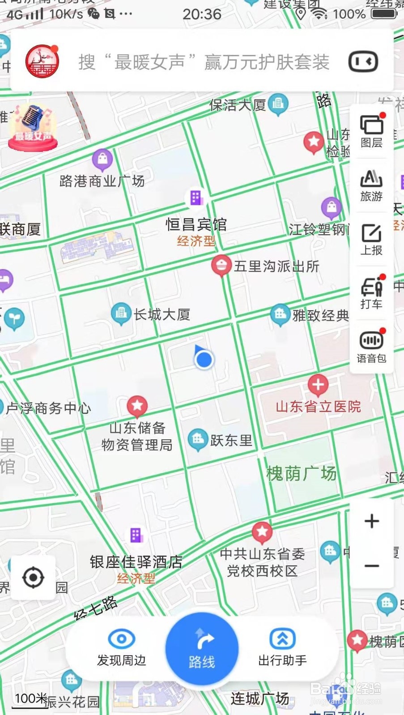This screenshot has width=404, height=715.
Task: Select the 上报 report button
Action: coord(371,240)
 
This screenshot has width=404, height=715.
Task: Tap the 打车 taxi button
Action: coord(371,293)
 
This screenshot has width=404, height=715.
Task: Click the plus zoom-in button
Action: coord(371,521)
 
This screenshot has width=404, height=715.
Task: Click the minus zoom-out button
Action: coord(371,566)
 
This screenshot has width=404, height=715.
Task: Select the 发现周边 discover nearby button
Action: coord(121,647)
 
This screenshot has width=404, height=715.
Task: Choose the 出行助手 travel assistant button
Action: coord(282,647)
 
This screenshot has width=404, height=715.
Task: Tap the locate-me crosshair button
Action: coord(33,577)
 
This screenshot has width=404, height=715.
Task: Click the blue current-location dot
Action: coord(204,359)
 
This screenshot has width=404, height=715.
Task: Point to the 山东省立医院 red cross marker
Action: coord(318,385)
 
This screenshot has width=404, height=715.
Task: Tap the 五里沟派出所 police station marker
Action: coord(221,265)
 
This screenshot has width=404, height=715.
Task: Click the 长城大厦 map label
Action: coord(162,315)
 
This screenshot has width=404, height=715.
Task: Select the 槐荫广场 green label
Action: coord(301,473)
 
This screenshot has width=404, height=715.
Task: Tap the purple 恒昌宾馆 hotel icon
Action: coord(196,198)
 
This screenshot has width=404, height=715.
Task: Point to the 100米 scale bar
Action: coord(30,700)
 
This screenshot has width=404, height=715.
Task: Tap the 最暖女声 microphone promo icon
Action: coord(33,126)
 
